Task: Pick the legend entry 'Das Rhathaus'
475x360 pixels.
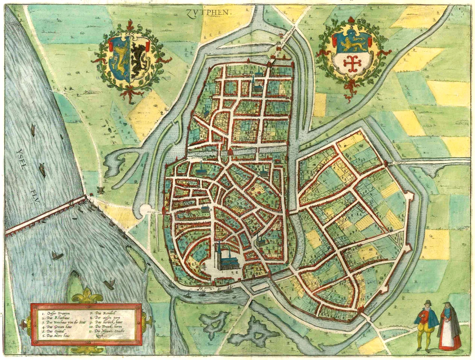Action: (x=55, y=319)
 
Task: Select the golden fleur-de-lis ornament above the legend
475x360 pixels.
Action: (x=87, y=297)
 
